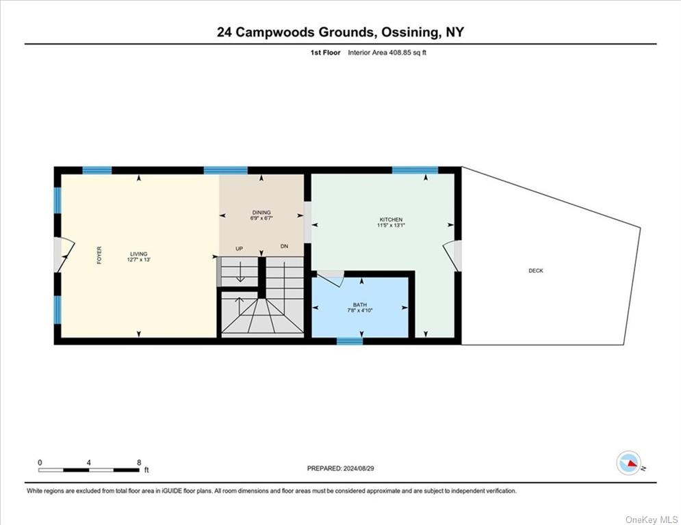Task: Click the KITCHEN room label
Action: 391,219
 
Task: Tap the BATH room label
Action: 359,305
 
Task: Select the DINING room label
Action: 261,212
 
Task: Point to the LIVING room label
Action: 139,254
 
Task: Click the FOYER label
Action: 99,255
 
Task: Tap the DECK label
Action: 535,270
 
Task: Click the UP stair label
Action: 239,249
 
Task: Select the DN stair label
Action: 284,246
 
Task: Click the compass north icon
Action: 629,463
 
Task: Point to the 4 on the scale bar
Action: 88,463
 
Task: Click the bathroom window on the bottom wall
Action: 350,342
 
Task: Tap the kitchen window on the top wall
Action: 415,170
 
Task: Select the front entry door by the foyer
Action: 64,255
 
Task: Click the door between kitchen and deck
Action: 452,256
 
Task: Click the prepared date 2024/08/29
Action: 359,468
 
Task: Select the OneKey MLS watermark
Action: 652,520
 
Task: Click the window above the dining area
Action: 226,170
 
